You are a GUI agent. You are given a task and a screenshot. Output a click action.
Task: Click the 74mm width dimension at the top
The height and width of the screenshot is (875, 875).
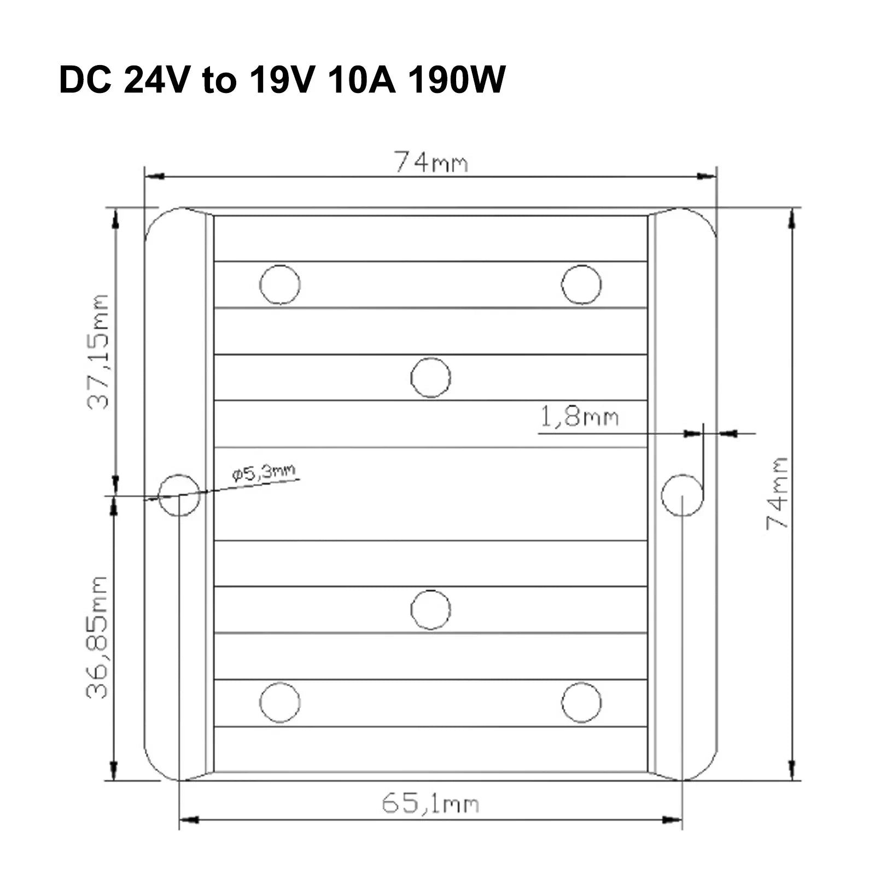(431, 163)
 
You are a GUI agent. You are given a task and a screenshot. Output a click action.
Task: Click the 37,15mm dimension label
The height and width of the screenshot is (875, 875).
(98, 352)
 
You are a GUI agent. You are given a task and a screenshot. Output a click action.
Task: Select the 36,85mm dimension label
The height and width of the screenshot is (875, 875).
(97, 637)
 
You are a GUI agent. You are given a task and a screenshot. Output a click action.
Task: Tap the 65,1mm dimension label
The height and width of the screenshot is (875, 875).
(430, 804)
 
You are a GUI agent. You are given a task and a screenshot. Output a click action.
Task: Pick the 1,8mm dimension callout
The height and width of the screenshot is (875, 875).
(579, 417)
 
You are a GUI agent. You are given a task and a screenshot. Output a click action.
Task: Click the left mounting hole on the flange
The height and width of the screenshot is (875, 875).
(179, 495)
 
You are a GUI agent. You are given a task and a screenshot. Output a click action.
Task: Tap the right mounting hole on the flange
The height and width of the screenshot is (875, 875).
(682, 495)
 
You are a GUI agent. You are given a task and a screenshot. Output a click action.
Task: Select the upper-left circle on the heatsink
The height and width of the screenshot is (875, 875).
(280, 284)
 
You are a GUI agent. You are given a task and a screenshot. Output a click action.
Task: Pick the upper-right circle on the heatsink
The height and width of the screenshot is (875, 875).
(581, 284)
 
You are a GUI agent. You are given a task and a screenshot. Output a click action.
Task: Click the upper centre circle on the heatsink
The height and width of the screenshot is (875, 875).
(430, 377)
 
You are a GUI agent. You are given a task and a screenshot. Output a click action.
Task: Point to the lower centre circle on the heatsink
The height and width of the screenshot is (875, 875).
(430, 609)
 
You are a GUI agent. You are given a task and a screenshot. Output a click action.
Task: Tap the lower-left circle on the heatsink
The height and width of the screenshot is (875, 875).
(280, 702)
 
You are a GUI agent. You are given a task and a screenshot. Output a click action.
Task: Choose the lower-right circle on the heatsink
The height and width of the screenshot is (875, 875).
(581, 702)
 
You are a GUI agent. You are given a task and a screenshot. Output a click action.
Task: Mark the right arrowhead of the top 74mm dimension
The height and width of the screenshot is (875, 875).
(708, 176)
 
